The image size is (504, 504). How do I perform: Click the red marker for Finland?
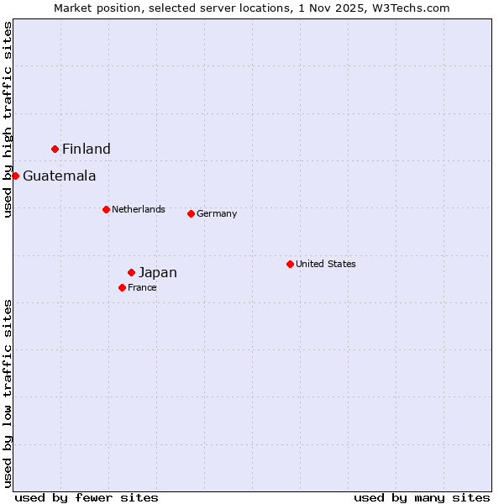click(x=55, y=149)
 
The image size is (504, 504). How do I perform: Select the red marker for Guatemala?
click(x=15, y=176)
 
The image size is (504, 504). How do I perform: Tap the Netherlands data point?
click(x=106, y=209)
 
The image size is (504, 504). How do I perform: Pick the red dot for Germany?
click(x=191, y=213)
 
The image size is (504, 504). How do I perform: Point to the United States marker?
click(x=290, y=264)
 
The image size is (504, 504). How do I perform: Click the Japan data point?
click(x=131, y=272)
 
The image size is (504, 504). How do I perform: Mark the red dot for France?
click(x=122, y=287)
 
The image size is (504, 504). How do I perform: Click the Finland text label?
click(x=87, y=150)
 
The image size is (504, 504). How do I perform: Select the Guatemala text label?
click(x=60, y=176)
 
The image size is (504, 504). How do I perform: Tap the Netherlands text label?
click(x=139, y=209)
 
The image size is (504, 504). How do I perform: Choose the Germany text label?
click(x=217, y=213)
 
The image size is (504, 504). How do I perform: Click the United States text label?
click(x=326, y=264)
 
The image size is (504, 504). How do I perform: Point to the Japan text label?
click(x=158, y=273)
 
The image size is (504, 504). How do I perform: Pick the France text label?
click(x=142, y=287)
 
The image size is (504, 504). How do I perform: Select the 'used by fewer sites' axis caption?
click(x=87, y=497)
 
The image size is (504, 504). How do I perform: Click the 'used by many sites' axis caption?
click(x=422, y=497)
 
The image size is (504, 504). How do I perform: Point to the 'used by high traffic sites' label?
click(x=8, y=119)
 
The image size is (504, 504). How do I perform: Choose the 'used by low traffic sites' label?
click(x=8, y=393)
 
